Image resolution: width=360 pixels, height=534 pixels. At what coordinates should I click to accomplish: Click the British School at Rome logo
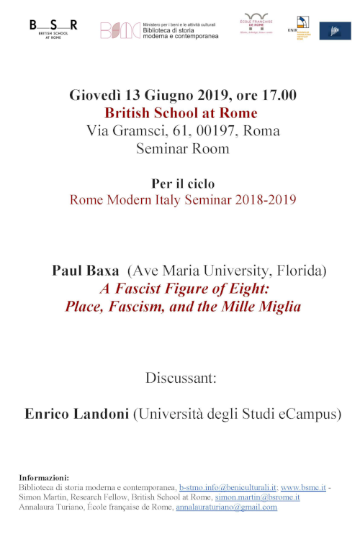pos(53,28)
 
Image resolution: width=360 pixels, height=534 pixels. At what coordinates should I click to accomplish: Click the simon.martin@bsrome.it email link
pos(257,497)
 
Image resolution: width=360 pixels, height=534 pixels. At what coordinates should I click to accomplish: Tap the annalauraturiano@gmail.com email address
pos(227,507)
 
